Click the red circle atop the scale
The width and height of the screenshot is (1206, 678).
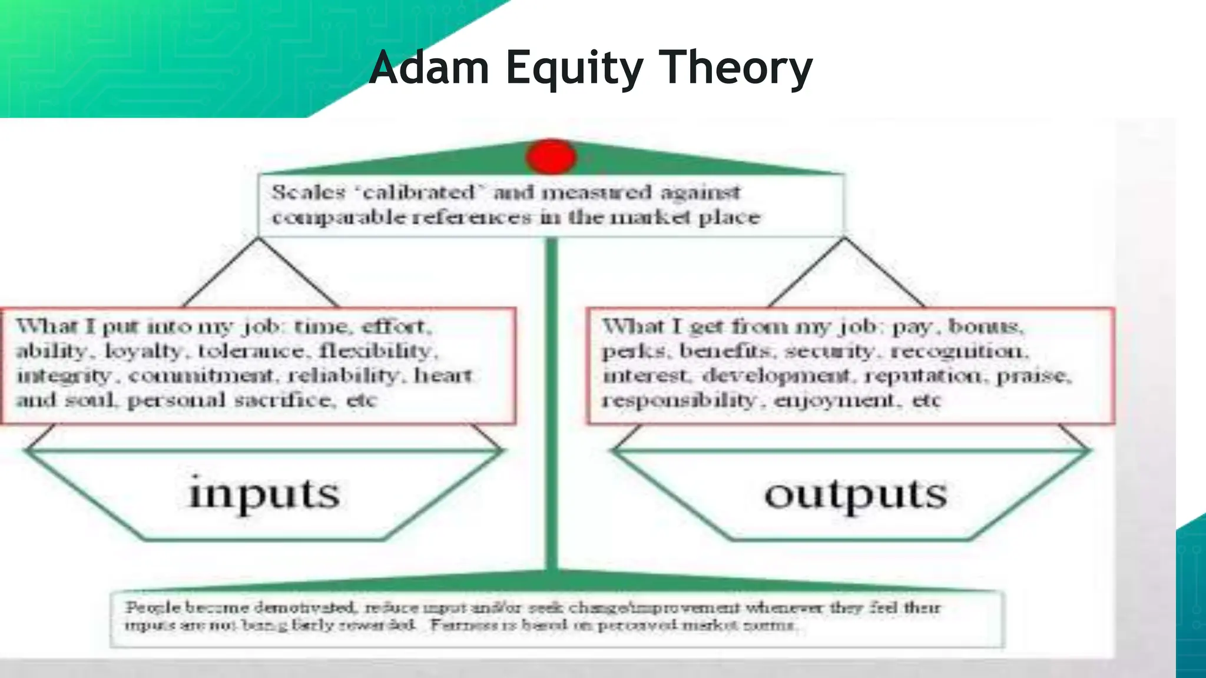point(551,157)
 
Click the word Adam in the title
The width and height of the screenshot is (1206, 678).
point(429,68)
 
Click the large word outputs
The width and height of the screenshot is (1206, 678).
point(856,494)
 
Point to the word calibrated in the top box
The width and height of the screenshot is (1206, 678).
point(420,192)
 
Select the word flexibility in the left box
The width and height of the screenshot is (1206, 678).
point(376,351)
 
